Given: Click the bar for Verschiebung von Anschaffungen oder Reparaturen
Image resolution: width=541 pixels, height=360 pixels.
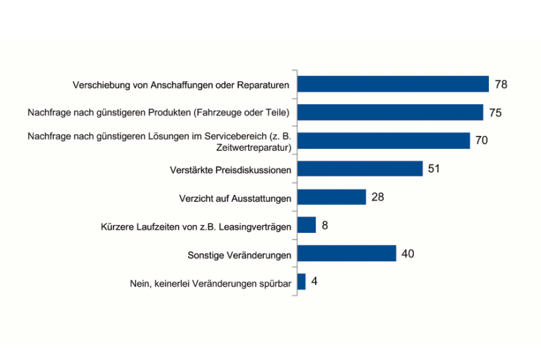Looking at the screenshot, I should pos(393,84).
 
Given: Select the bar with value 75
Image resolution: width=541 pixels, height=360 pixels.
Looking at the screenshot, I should pos(390,112).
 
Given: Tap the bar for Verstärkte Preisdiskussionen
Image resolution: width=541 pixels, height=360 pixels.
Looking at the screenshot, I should pos(360,168).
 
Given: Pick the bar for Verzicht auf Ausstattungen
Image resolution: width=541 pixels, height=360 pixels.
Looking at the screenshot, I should pos(331,197).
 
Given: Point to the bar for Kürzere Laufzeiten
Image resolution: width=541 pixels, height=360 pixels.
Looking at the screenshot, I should pos(306,225).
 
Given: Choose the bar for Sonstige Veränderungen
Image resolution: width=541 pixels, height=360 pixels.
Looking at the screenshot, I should pos(346,254).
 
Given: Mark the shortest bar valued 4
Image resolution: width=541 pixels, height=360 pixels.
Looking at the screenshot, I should pos(302,282).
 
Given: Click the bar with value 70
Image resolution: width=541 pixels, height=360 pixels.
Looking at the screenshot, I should pos(383,141).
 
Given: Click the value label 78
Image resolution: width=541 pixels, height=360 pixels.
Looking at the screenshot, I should pos(500,84).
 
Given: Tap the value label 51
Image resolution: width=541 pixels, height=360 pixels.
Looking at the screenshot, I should pos(434,168).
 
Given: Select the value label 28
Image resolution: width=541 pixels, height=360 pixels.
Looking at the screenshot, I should pos(378,197).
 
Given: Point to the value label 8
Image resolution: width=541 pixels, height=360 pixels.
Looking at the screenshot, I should pos(325,225).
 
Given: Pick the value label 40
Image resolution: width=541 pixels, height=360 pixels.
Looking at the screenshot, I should pos(407,254).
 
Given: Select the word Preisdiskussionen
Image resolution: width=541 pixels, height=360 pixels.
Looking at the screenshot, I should pos(252,170).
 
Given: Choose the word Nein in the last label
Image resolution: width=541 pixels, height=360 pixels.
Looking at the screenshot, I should pos(139,284).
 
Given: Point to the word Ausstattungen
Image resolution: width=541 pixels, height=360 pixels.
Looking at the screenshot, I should pos(261,198).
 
